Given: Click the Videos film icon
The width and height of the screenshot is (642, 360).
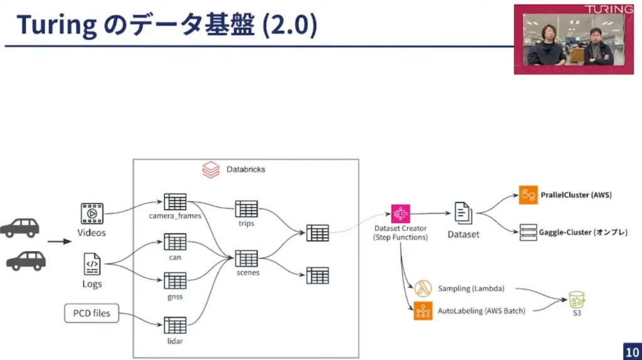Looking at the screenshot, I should pos(92,213).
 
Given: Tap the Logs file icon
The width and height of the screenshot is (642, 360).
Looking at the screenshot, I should pos(92,264).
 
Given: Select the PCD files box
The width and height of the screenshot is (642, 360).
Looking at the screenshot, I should pos(92,312).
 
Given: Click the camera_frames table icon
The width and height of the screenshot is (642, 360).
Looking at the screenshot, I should pos(175,202).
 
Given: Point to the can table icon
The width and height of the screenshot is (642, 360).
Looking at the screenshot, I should pos(175,241).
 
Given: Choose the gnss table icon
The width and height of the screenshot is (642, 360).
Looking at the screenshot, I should pos(175,280).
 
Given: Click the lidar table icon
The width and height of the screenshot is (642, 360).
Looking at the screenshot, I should pos(175,325).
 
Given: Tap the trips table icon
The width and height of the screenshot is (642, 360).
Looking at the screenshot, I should pos(246,209).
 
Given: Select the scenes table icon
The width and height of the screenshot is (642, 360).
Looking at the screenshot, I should pos(246,258).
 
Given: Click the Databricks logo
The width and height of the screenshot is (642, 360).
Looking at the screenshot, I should pos(211,169).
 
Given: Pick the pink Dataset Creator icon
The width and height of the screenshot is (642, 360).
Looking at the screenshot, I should pos(400,214).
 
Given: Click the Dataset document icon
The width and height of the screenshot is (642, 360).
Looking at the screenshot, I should pos(463,213).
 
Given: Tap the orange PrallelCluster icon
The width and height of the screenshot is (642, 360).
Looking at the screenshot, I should pos(529,195).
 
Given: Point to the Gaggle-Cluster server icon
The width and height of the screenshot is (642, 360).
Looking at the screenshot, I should pos(529,232).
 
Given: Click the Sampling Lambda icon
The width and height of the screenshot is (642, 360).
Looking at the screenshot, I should pos(423,289).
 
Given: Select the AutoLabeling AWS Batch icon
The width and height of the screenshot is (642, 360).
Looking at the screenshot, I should pos(423,310).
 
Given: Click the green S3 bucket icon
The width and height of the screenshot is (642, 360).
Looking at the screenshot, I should pos(576,299).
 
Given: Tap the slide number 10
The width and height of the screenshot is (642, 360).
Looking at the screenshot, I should pos(631,351).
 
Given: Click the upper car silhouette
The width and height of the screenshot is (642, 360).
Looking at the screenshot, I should pos(19,227).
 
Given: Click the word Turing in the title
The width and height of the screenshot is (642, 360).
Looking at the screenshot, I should pos(56,25).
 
